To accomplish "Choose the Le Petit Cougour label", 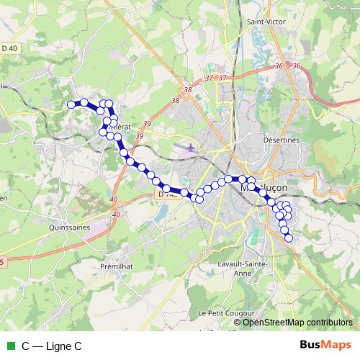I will (222, 314).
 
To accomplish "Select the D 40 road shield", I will (9, 48).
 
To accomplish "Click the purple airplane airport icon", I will (189, 148).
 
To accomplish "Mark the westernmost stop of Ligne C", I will (71, 104).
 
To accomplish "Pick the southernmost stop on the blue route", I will (289, 238).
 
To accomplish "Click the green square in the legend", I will (10, 346).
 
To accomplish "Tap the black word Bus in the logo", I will (311, 345).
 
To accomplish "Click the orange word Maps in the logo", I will (338, 345).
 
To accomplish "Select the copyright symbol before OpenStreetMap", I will (238, 323).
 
